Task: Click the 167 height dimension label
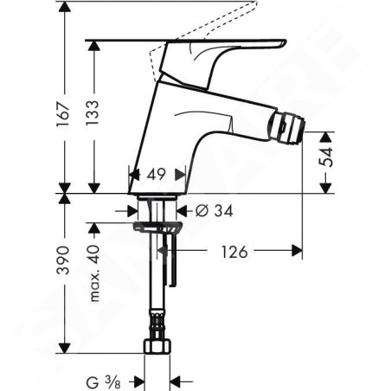[x=63, y=114]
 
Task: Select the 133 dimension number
[x=93, y=112]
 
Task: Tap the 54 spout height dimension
[x=326, y=157]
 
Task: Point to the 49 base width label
[x=156, y=174]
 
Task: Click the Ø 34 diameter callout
[x=214, y=211]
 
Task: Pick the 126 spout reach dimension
[x=234, y=252]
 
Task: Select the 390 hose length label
[x=63, y=260]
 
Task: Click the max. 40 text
[x=94, y=273]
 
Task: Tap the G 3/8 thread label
[x=103, y=382]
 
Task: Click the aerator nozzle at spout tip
[x=286, y=128]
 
